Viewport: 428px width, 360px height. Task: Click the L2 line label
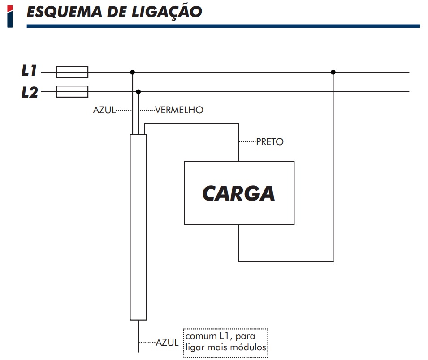(x=30, y=92)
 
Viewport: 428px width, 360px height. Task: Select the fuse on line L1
(x=72, y=72)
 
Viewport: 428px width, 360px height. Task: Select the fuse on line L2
(x=72, y=92)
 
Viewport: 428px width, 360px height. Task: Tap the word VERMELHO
(x=179, y=110)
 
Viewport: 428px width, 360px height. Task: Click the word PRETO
(x=270, y=142)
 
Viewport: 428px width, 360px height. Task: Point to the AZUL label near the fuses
(x=104, y=110)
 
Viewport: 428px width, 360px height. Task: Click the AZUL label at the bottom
(x=167, y=343)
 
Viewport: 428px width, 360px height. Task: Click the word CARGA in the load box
(x=238, y=193)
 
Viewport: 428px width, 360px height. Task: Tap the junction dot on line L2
(x=138, y=92)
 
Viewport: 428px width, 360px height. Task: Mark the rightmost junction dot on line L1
(x=333, y=72)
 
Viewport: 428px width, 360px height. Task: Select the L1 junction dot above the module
(x=132, y=72)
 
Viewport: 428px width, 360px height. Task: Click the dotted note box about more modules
(x=225, y=342)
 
